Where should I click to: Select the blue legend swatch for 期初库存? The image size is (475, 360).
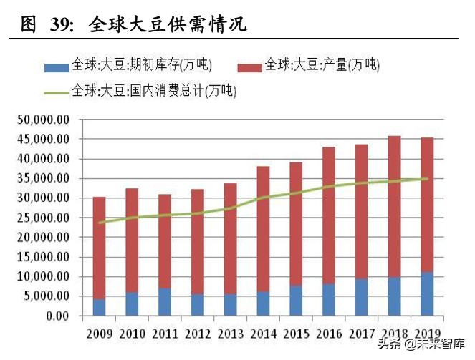(56, 67)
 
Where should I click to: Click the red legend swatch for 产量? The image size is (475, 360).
(249, 67)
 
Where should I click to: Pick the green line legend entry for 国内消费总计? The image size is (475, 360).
(56, 92)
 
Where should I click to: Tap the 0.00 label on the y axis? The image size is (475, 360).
(54, 316)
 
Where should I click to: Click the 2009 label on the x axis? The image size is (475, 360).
(99, 334)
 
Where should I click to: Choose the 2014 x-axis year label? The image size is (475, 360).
(263, 334)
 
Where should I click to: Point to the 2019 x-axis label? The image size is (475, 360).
(427, 334)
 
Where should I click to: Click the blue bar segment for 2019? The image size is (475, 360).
(427, 294)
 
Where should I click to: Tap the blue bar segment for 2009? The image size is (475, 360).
(99, 307)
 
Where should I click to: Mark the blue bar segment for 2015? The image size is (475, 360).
(296, 301)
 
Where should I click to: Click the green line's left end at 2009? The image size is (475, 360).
(99, 223)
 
